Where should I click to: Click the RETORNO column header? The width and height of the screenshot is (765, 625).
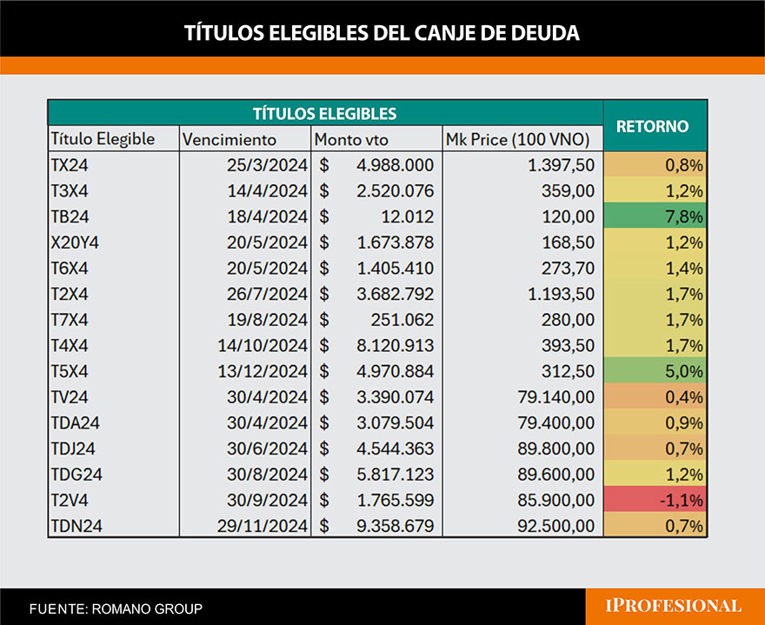tap(652, 126)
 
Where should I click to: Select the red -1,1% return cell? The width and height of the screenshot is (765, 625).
tap(655, 501)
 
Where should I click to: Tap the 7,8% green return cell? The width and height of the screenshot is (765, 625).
tap(655, 216)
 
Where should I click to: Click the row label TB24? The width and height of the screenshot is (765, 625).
tap(70, 216)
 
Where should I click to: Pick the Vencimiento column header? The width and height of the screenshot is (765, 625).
tap(229, 139)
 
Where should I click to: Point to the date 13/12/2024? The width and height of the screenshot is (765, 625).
tap(263, 371)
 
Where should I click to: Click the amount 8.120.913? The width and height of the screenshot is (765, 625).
tap(394, 345)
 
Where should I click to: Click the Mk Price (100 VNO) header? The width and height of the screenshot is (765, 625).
tap(517, 139)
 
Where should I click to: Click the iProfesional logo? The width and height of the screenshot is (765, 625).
tap(675, 606)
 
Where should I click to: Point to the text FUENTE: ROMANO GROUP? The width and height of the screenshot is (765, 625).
tap(116, 608)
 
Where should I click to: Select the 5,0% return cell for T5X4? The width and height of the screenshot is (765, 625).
tap(655, 371)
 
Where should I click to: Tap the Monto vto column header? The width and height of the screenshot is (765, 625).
tap(351, 139)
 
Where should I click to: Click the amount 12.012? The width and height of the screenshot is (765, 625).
tap(407, 216)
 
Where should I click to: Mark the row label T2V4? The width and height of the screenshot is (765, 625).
tap(70, 501)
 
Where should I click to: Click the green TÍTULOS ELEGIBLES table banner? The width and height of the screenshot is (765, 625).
tap(324, 113)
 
